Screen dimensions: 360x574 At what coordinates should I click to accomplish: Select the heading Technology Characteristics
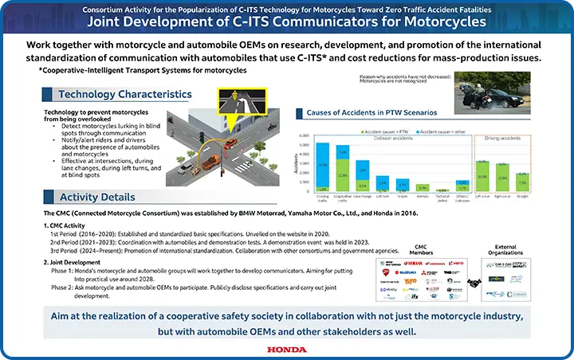coord(124,94)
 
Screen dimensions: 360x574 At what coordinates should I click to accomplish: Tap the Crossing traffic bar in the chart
coord(322,168)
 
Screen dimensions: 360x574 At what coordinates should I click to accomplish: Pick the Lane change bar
coord(362,177)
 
